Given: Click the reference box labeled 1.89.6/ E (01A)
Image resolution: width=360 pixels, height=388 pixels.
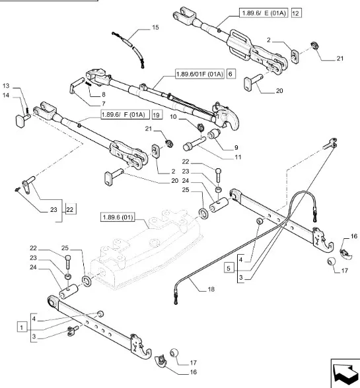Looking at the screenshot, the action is pyautogui.click(x=264, y=13).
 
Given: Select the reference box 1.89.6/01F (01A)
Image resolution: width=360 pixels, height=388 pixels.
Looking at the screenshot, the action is pyautogui.click(x=199, y=74).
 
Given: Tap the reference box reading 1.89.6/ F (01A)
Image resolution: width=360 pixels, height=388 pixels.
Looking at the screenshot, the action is pyautogui.click(x=126, y=115).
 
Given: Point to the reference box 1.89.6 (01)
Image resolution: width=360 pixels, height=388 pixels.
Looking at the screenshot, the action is pyautogui.click(x=118, y=217).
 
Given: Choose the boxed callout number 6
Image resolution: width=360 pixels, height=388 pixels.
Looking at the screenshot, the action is pyautogui.click(x=231, y=74).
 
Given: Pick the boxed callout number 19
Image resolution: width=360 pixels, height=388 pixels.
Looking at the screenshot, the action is pyautogui.click(x=157, y=115).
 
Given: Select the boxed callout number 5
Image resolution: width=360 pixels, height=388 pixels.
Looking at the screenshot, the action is pyautogui.click(x=229, y=268).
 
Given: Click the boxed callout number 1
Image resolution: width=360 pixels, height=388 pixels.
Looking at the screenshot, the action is pyautogui.click(x=22, y=327).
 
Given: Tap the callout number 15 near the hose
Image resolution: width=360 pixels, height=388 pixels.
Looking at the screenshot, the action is pyautogui.click(x=155, y=28).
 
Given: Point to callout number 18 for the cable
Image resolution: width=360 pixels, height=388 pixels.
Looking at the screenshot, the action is pyautogui.click(x=211, y=289).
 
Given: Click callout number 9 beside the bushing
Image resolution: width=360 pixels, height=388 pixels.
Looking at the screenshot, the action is pyautogui.click(x=236, y=148).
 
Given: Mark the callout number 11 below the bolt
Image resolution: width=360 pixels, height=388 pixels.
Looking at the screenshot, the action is pyautogui.click(x=238, y=157).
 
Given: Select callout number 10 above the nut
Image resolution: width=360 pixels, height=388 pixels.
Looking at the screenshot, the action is pyautogui.click(x=173, y=117).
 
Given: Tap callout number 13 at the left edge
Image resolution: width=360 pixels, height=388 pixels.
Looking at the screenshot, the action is pyautogui.click(x=6, y=86).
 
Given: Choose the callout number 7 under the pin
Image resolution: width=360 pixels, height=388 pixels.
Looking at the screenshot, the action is pyautogui.click(x=103, y=104).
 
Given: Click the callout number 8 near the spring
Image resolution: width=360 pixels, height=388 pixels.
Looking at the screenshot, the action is pyautogui.click(x=103, y=94).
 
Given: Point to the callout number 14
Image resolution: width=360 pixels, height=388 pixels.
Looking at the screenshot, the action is pyautogui.click(x=6, y=95).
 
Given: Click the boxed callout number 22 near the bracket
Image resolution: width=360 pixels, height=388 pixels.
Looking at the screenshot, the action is pyautogui.click(x=70, y=210).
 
